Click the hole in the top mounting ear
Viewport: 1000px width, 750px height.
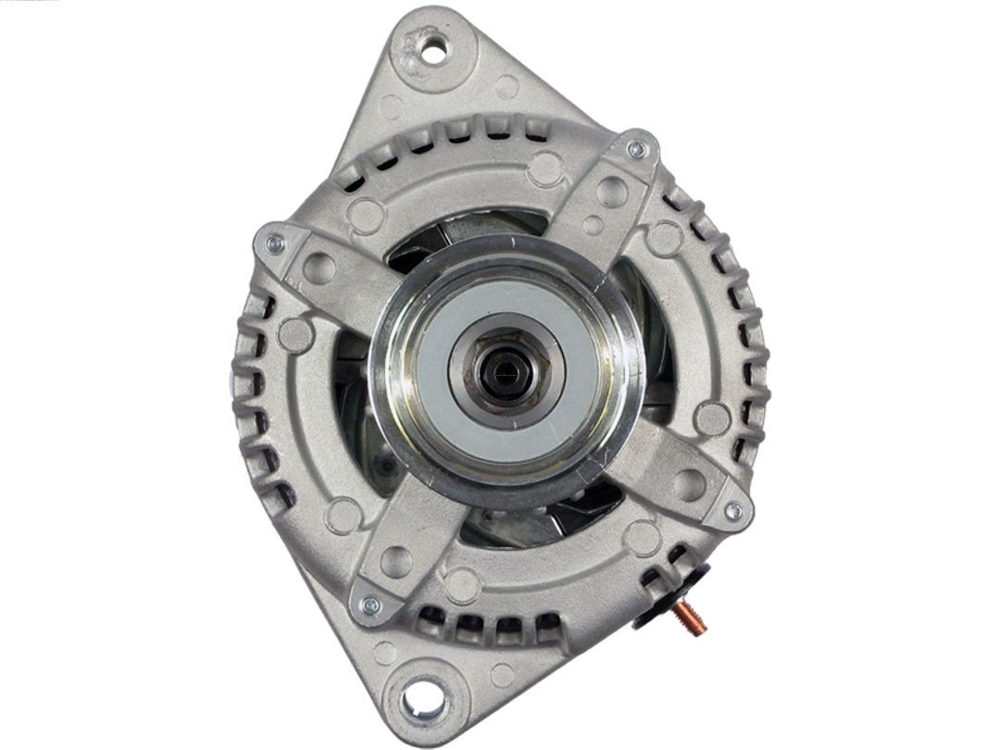[433, 47]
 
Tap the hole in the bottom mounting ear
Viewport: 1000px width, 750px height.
[422, 696]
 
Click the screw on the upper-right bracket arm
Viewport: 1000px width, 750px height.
[637, 150]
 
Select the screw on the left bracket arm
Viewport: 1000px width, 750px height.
[275, 244]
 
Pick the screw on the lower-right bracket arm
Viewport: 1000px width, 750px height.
[733, 510]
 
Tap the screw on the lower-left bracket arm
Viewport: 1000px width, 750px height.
[370, 606]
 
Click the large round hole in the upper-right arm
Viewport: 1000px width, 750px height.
[610, 192]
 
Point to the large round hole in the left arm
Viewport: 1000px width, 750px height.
[319, 269]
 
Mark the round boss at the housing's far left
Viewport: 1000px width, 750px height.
[295, 334]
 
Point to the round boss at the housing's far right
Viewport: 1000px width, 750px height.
[712, 419]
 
